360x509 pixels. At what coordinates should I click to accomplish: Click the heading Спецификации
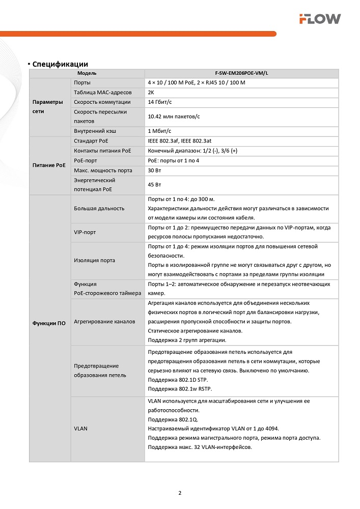[60, 64]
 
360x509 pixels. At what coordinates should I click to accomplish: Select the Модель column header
[87, 73]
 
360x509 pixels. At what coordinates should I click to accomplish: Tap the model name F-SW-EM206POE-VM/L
[241, 73]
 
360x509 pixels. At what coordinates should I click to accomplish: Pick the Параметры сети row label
[49, 106]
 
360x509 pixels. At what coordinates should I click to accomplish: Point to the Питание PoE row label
[49, 165]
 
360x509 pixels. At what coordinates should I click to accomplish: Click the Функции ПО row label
[49, 324]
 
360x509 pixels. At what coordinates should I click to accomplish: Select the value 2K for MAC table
[151, 92]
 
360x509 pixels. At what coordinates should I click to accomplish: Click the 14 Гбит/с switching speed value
[159, 102]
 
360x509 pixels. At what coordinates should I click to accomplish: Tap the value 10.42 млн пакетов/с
[174, 117]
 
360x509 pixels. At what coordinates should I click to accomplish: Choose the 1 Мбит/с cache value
[158, 131]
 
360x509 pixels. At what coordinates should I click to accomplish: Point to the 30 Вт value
[154, 170]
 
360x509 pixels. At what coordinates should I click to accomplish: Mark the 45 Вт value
[154, 185]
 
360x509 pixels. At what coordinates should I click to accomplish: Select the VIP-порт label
[85, 232]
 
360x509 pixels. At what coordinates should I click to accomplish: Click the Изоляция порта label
[94, 260]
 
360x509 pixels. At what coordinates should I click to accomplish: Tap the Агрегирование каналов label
[104, 321]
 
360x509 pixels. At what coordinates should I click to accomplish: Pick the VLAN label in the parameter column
[80, 429]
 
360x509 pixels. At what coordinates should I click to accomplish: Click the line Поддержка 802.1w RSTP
[178, 389]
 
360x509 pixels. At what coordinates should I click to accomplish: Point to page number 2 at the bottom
[180, 493]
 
